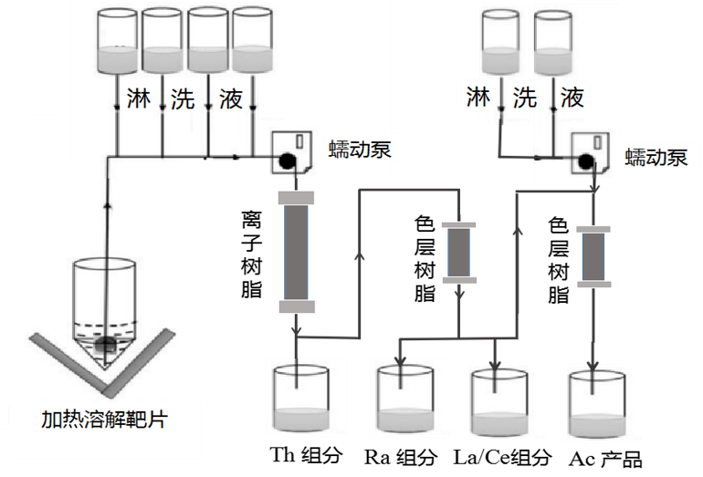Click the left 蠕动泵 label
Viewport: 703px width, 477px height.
pyautogui.click(x=360, y=150)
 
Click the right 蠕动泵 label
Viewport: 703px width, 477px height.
pyautogui.click(x=656, y=157)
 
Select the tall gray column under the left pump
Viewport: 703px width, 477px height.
pyautogui.click(x=298, y=252)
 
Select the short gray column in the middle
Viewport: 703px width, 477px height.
pyautogui.click(x=457, y=252)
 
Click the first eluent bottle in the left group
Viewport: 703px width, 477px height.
pyautogui.click(x=119, y=42)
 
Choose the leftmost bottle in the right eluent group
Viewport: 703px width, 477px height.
pyautogui.click(x=501, y=42)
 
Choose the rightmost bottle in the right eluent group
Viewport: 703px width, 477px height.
pyautogui.click(x=553, y=42)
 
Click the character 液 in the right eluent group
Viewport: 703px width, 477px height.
pyautogui.click(x=572, y=97)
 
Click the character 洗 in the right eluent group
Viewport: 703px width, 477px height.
pyautogui.click(x=524, y=97)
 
